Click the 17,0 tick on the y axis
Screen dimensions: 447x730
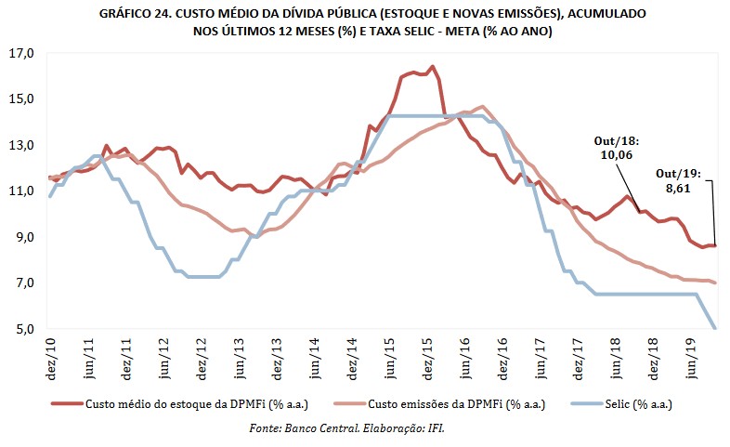(20, 53)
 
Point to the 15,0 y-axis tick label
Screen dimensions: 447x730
(20, 99)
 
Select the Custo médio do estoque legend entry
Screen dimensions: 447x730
(181, 404)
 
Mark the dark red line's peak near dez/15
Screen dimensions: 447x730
(433, 67)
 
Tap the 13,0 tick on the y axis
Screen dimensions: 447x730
(20, 145)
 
